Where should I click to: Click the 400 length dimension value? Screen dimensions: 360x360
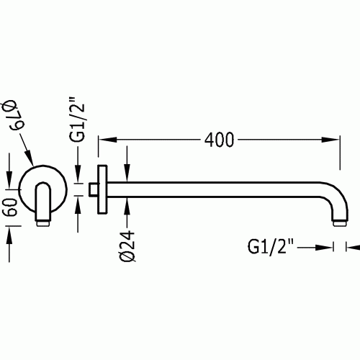219,140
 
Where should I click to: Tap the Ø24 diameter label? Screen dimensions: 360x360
127,246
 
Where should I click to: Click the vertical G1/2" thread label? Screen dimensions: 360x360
77,120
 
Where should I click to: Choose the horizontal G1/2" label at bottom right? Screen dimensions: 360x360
271,247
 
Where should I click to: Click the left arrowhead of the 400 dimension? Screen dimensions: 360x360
107,140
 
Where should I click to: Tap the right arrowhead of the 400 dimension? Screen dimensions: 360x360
330,140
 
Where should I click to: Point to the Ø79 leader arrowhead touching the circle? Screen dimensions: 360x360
29,158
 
